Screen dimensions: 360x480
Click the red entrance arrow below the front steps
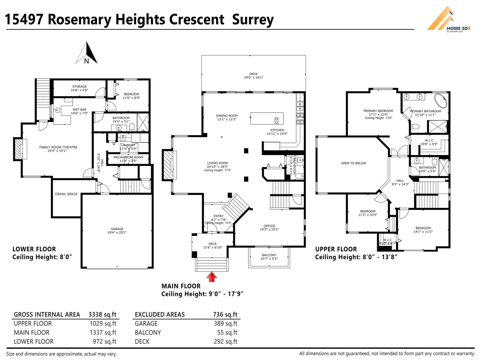pos(212,277)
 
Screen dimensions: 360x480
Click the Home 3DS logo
pos(448,19)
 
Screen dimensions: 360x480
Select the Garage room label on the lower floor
pos(117,229)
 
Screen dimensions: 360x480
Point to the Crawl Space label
pos(66,194)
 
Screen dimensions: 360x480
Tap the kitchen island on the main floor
pos(267,118)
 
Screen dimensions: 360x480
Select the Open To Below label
pos(353,163)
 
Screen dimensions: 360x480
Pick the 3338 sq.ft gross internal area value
pos(102,314)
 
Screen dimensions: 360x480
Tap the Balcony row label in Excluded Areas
pos(148,332)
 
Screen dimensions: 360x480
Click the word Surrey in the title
pos(253,19)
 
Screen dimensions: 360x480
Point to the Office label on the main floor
pos(269,226)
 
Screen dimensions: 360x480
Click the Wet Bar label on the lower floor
pos(79,110)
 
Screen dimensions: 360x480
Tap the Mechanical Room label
pos(128,157)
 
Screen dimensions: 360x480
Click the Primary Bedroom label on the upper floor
pos(378,111)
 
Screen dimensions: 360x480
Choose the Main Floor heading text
pos(181,286)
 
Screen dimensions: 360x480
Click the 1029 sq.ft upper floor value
pos(103,323)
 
